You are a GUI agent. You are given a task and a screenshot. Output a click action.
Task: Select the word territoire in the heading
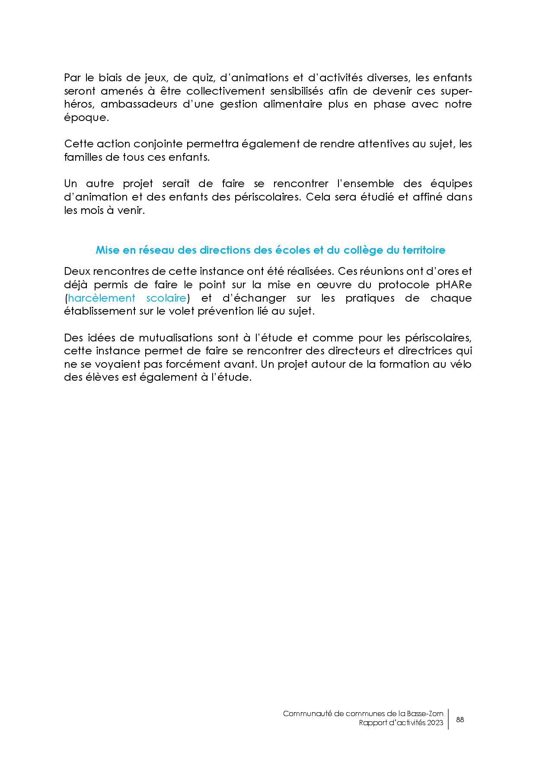[x=424, y=250]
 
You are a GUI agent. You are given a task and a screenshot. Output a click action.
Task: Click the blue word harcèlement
[x=102, y=298]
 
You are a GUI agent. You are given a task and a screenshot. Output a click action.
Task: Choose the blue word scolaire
[x=166, y=298]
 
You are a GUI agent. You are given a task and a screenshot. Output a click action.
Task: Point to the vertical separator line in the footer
[x=449, y=719]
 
